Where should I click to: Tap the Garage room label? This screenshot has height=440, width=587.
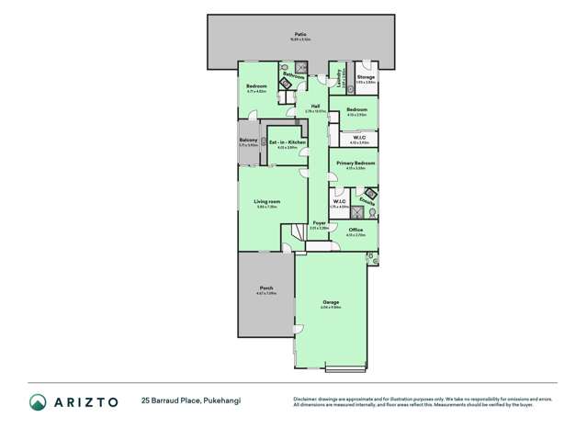[x=331, y=302]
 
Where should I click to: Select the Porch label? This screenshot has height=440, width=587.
[x=265, y=288]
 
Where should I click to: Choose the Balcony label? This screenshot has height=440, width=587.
[x=248, y=141]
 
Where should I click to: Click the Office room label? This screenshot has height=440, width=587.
[x=356, y=230]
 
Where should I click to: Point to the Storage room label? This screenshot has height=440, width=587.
[x=366, y=77]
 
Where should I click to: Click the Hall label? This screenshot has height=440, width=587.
[x=314, y=107]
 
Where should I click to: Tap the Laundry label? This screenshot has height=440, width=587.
[x=338, y=75]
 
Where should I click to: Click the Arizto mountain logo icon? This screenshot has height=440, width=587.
[x=38, y=401]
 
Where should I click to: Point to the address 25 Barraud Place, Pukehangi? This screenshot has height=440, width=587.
[x=190, y=401]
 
